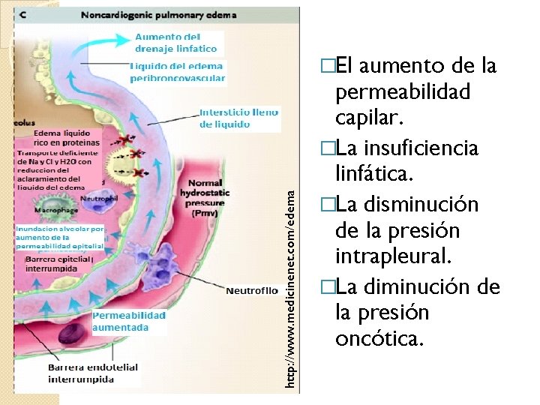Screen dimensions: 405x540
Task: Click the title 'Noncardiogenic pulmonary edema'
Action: pyautogui.click(x=157, y=14)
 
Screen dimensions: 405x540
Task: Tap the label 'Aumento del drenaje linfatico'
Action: pyautogui.click(x=177, y=43)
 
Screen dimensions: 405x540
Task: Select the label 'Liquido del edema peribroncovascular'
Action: pyautogui.click(x=178, y=72)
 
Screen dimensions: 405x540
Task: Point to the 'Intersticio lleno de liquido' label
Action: pyautogui.click(x=238, y=118)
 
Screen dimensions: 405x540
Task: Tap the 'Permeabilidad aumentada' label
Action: pyautogui.click(x=129, y=321)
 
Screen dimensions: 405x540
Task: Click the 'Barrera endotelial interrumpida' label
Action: pyautogui.click(x=92, y=373)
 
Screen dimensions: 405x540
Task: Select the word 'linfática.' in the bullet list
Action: pyautogui.click(x=373, y=174)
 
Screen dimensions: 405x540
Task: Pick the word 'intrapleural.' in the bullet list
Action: pyautogui.click(x=394, y=257)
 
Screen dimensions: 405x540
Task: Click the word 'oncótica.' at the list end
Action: pyautogui.click(x=379, y=340)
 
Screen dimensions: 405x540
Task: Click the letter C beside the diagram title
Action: pyautogui.click(x=23, y=14)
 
